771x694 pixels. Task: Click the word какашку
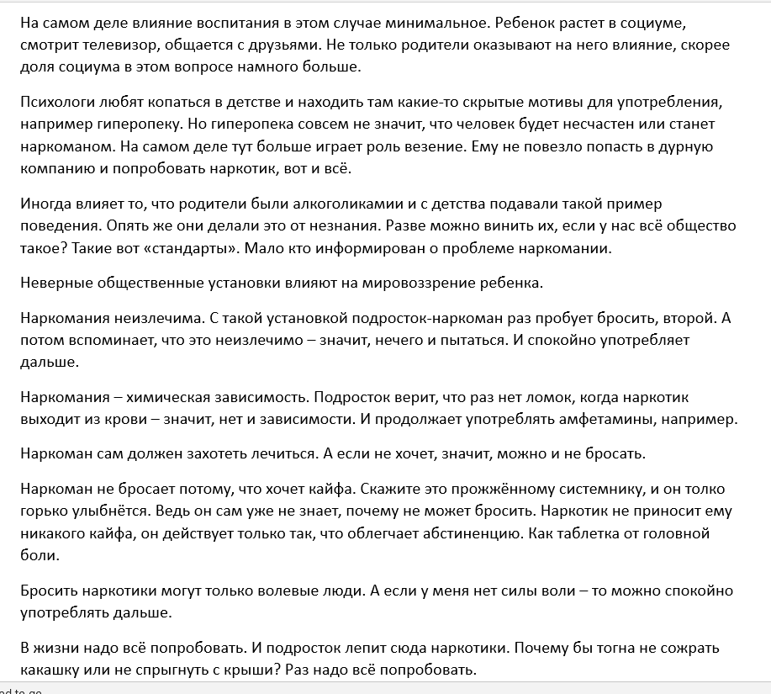click(x=53, y=671)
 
